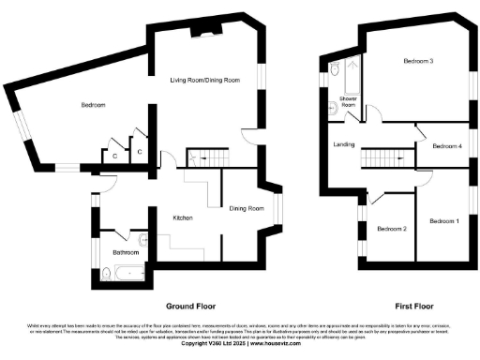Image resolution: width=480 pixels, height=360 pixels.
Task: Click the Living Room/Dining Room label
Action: click(x=205, y=80)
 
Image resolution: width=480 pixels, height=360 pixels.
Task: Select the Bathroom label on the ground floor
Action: click(x=126, y=252)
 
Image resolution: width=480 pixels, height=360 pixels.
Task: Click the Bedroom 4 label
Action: click(x=447, y=146)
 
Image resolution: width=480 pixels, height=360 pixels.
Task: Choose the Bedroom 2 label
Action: click(x=391, y=228)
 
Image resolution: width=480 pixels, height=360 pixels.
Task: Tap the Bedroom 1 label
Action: click(x=443, y=220)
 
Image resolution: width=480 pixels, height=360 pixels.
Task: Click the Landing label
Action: click(x=343, y=144)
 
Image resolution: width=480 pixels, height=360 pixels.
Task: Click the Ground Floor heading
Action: click(x=192, y=307)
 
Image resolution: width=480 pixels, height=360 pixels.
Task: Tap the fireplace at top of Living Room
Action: click(x=202, y=35)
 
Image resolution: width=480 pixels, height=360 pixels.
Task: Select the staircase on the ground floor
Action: click(x=207, y=158)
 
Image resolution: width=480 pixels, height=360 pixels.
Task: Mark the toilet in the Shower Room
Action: click(x=335, y=68)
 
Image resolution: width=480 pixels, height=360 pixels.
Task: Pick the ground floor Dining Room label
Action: click(x=247, y=208)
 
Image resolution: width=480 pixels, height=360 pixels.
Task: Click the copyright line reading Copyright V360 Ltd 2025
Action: click(x=239, y=344)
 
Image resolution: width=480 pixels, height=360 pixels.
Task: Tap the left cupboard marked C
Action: click(x=113, y=157)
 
